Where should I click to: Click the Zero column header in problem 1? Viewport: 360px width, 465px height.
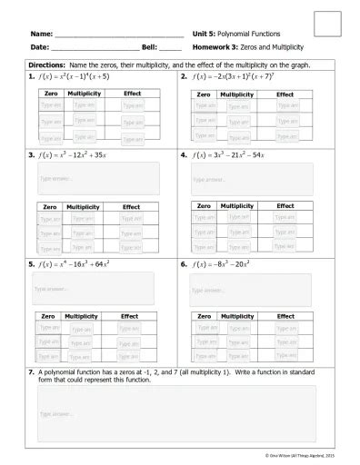tap(50, 94)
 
